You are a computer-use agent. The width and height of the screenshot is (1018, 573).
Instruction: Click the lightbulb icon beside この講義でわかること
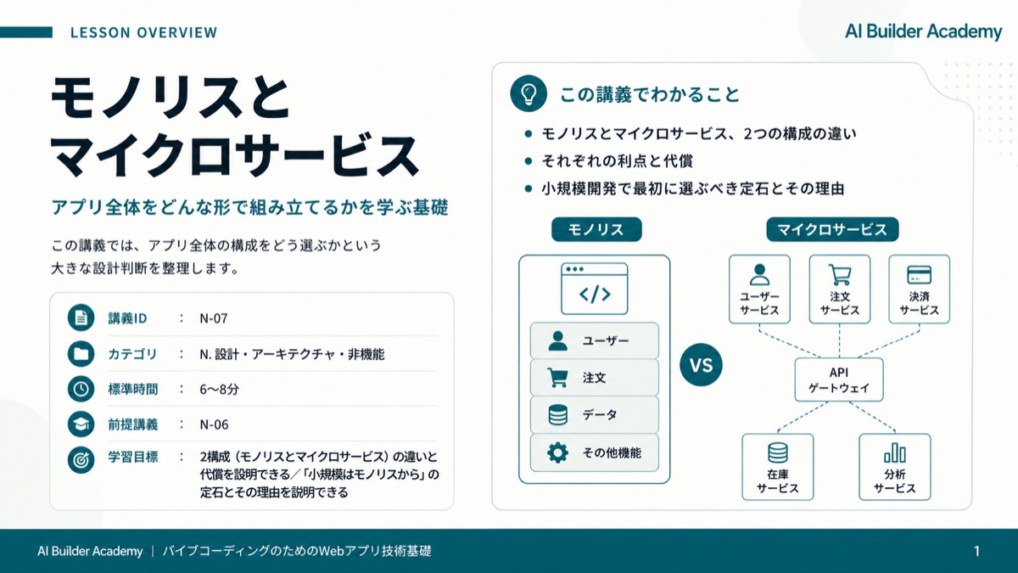pos(528,93)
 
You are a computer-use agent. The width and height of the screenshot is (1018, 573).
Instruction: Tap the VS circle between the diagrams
pos(701,365)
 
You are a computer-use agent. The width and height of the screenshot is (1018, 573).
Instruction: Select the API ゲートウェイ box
pos(839,379)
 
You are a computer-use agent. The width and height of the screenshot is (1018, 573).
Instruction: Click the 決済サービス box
pos(920,289)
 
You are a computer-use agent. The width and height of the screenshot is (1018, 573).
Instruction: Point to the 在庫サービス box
pos(778,467)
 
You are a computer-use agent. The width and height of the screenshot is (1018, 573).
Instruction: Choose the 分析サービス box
pos(895,467)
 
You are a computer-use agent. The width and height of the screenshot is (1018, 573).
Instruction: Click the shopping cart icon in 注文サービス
pos(840,275)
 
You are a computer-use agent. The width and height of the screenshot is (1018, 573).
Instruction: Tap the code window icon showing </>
pos(595,289)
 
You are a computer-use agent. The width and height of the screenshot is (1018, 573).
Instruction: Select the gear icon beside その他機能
pos(557,452)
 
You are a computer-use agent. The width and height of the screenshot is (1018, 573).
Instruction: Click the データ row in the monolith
pos(595,415)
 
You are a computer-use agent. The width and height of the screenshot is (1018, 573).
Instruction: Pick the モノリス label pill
pos(596,229)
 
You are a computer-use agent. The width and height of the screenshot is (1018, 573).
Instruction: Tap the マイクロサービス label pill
pos(832,229)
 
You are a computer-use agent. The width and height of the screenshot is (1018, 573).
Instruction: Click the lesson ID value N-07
pos(214,318)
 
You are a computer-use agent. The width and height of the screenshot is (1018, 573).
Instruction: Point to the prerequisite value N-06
pos(214,424)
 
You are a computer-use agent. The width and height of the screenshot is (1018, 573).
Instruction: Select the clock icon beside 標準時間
pos(81,390)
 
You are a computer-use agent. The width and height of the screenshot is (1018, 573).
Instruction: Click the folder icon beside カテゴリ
pos(81,354)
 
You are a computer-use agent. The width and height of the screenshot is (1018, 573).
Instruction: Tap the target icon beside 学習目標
pos(81,460)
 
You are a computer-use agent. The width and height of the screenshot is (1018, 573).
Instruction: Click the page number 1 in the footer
pos(976,551)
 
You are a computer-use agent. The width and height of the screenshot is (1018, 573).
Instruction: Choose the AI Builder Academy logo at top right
pos(924,31)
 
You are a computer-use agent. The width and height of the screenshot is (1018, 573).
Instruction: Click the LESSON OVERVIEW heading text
pos(144,33)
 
